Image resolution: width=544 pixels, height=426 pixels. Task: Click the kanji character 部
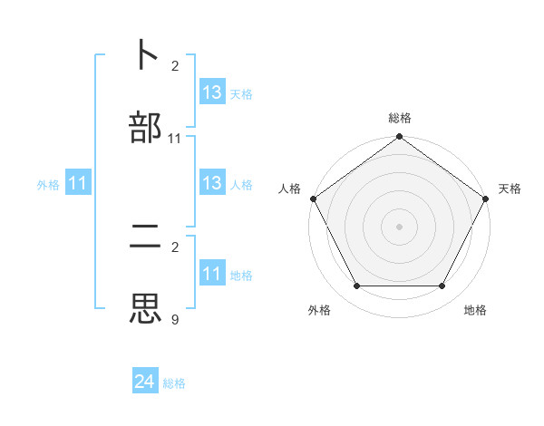[146, 127]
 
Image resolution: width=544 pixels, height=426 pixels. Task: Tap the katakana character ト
[146, 54]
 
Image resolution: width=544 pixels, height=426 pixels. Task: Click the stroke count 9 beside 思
[175, 319]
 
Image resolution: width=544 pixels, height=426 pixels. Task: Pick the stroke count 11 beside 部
[175, 139]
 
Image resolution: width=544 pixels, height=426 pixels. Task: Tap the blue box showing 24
[146, 382]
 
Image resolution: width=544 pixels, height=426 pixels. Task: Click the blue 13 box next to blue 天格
[212, 92]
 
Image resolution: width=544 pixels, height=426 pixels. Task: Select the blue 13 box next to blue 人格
[212, 183]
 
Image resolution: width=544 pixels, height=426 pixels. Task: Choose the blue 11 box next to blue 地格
[212, 274]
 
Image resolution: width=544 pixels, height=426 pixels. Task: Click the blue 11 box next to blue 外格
[78, 184]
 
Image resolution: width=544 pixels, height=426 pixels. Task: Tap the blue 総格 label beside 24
[175, 383]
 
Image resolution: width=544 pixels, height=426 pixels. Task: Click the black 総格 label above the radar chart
[400, 118]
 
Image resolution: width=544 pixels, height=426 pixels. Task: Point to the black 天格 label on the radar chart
[510, 189]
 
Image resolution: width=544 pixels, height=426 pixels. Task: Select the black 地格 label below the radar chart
[475, 310]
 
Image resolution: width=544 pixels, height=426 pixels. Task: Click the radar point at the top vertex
[400, 138]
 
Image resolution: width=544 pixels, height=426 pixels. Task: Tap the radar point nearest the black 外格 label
[357, 286]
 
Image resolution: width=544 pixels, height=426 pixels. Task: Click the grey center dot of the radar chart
[400, 227]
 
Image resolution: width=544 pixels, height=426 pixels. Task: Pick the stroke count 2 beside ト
[175, 66]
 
